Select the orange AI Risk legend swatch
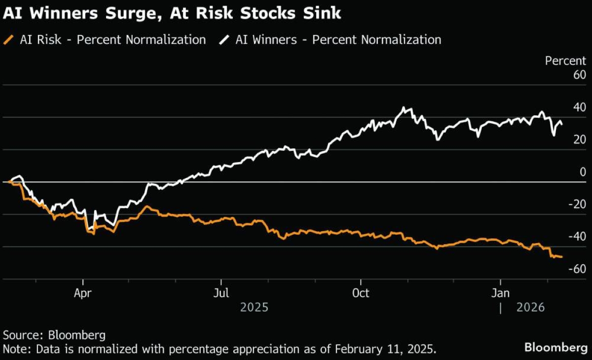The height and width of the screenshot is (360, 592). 9,40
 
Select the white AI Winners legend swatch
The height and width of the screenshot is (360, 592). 224,40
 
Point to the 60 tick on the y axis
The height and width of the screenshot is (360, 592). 579,75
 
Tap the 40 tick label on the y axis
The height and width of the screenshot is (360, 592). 579,108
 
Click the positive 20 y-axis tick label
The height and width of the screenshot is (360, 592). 579,140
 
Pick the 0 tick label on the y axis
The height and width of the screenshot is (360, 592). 583,172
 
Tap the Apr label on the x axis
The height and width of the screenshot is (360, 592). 83,293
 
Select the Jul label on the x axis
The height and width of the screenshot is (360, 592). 222,293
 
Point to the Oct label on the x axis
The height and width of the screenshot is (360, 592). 361,293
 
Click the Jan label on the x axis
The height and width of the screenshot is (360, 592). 501,293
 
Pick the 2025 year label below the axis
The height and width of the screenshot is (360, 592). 254,308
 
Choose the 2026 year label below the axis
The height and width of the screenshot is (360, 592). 530,308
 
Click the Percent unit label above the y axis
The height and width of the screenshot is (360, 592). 565,61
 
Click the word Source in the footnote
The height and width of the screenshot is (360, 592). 22,336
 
